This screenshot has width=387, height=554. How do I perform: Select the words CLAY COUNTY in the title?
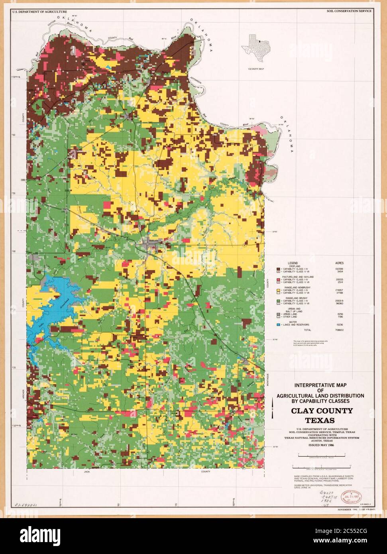point(322,411)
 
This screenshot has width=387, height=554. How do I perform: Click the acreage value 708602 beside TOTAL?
point(340,330)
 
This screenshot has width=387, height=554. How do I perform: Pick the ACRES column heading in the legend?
point(340,263)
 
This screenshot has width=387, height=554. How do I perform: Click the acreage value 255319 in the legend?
point(340,300)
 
